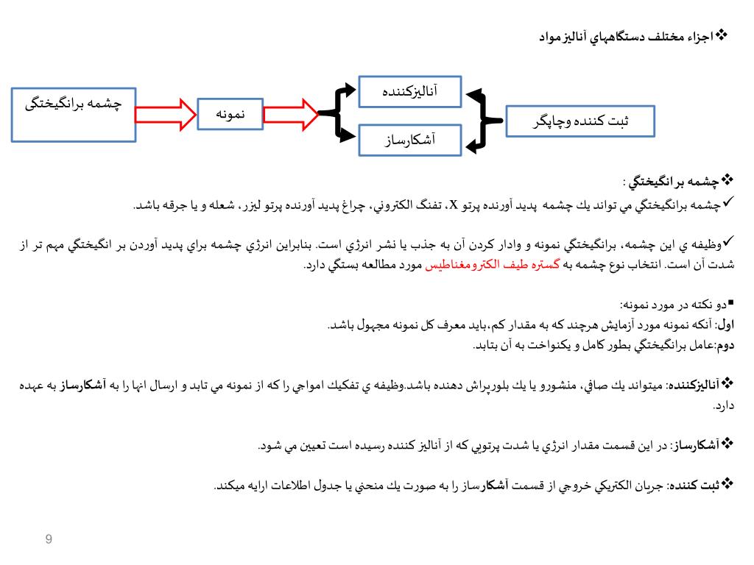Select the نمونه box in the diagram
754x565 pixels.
coord(230,114)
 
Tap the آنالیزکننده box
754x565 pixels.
coord(409,92)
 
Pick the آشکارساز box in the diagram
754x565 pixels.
coord(409,140)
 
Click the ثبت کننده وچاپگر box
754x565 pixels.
coord(579,121)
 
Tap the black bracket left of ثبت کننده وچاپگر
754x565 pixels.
coord(479,121)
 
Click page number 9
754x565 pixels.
coord(49,540)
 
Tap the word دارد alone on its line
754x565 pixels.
coord(725,405)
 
